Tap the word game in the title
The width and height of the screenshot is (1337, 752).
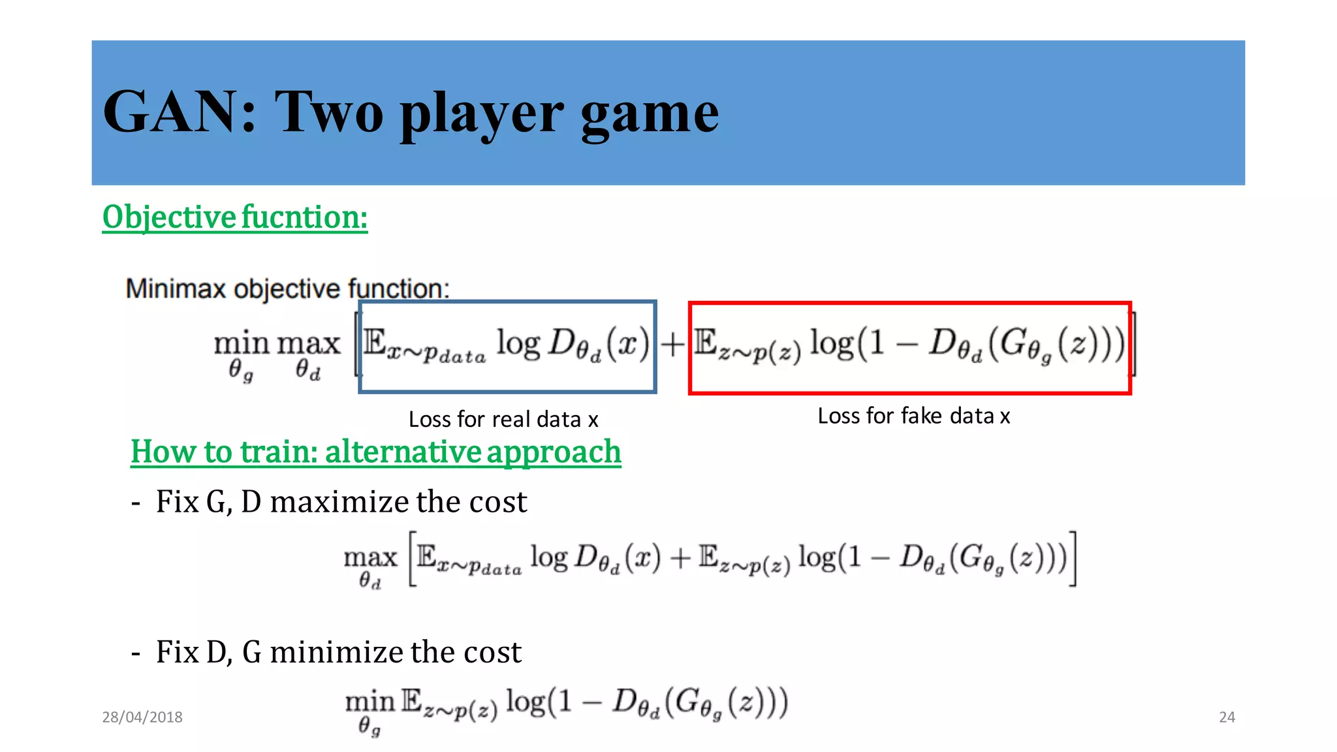[x=650, y=115]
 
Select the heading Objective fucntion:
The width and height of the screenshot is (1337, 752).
[x=235, y=217]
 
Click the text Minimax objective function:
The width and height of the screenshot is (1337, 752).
[x=287, y=289]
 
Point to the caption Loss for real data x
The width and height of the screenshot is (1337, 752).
[x=503, y=419]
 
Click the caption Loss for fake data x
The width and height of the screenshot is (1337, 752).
[x=913, y=416]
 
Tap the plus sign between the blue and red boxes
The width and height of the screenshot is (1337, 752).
[x=672, y=344]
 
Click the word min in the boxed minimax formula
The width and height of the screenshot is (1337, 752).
[x=242, y=343]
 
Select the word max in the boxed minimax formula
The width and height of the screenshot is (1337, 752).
[x=309, y=343]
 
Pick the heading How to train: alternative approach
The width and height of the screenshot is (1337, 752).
[x=376, y=452]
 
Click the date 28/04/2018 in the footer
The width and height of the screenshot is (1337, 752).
[x=142, y=717]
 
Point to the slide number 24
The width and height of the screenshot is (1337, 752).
[x=1227, y=717]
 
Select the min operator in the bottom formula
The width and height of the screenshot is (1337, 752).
[x=370, y=702]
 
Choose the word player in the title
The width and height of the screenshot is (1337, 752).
[x=482, y=115]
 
